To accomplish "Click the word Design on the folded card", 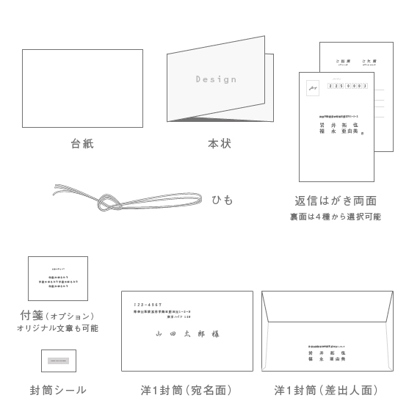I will click(x=216, y=79).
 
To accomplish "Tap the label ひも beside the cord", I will click(x=222, y=199).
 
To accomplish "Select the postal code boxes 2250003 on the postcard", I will click(x=347, y=86).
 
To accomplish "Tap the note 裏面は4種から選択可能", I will click(x=336, y=217).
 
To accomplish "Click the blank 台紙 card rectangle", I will click(x=82, y=87).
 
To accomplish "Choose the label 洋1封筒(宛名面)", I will click(x=187, y=390).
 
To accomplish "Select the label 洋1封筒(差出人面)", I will click(x=327, y=390).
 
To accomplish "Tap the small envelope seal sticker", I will click(x=58, y=361).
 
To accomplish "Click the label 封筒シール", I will click(x=58, y=390).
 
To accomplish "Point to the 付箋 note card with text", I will click(x=58, y=278).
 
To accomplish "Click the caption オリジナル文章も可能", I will click(x=57, y=328).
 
